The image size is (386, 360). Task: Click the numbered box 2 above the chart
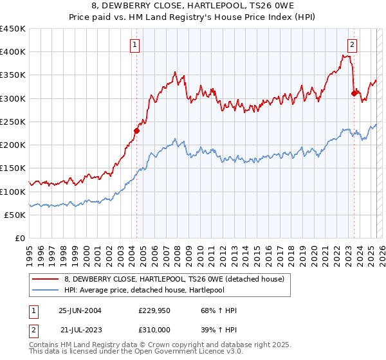point(353,44)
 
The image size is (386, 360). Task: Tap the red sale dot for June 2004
point(136,131)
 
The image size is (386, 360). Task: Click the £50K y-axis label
point(15,215)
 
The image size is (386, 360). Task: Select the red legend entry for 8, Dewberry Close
point(178,278)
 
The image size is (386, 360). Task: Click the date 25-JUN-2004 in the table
point(80,310)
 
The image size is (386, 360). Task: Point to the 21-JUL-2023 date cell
point(80,329)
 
